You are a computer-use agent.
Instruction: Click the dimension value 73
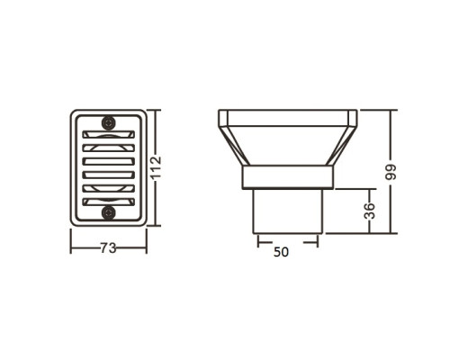tap(108, 248)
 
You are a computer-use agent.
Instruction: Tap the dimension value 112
tap(157, 168)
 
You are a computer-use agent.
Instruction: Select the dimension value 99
tap(391, 172)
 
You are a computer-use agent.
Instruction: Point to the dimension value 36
tap(369, 211)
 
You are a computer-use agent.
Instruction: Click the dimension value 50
tap(281, 252)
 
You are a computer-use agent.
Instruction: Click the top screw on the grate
tap(108, 122)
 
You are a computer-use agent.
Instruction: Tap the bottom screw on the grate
tap(108, 212)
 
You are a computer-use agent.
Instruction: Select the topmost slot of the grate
tap(108, 134)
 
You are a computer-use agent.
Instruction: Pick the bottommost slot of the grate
tap(108, 202)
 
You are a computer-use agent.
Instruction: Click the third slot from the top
tap(108, 161)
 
